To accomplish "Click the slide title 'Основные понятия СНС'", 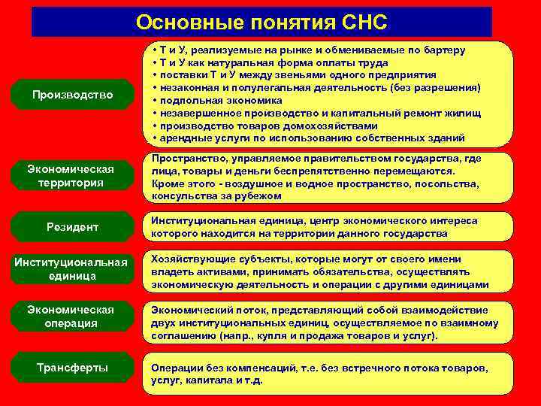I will pos(261,23).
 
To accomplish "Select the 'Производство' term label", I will pos(73,95).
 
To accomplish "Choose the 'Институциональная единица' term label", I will pos(70,268).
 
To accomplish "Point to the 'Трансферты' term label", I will pos(72,368).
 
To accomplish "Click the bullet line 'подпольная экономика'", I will pos(218,100).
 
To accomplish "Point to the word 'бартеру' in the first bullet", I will pos(444,50).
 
